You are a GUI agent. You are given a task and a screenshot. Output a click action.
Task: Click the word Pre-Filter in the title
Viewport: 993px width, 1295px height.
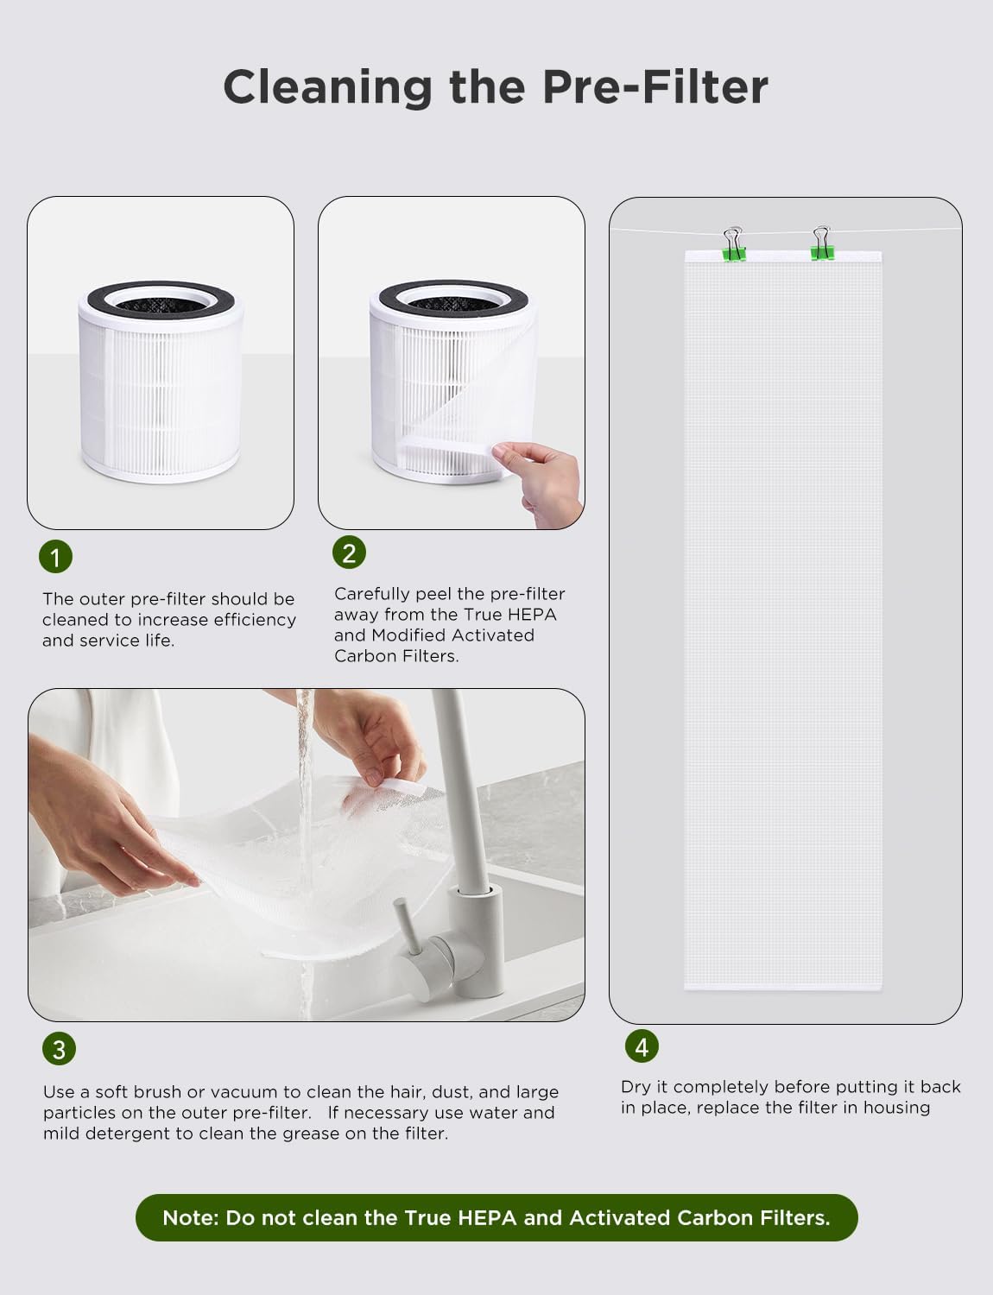655,87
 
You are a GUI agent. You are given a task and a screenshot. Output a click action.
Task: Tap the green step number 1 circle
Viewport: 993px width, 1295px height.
55,557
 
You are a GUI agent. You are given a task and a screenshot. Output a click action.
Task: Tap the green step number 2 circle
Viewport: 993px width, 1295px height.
349,553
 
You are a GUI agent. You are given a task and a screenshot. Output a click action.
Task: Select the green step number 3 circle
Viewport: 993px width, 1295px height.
59,1049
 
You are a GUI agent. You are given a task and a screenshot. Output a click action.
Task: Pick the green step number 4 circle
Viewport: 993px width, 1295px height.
642,1046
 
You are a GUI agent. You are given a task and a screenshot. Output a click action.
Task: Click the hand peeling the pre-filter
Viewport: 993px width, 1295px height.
541,479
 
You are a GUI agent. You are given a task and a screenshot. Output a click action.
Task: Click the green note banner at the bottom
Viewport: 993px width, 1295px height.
496,1217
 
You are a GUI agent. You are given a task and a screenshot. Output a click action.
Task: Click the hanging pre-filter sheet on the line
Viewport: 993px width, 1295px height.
783,622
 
